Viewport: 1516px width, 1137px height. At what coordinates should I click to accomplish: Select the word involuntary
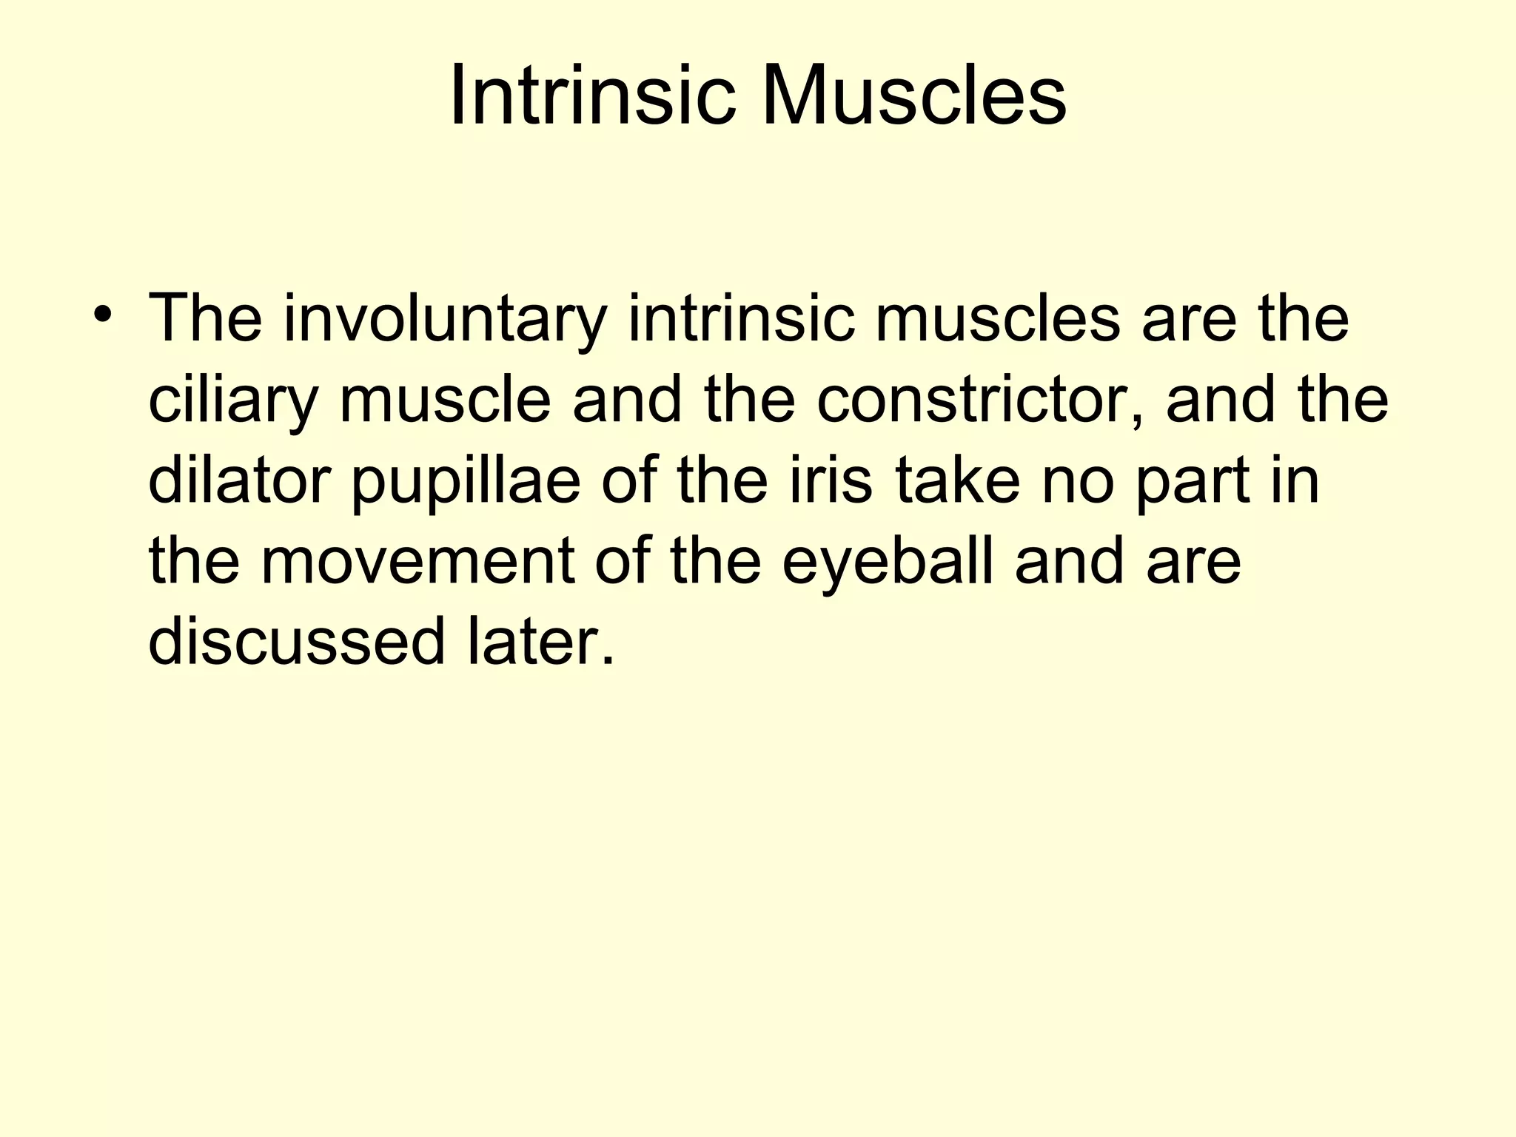click(444, 321)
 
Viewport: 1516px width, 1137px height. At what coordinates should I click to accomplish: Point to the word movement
click(417, 561)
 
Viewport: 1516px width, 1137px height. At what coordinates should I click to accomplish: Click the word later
click(540, 641)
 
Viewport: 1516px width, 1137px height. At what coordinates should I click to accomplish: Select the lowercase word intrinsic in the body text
click(741, 319)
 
